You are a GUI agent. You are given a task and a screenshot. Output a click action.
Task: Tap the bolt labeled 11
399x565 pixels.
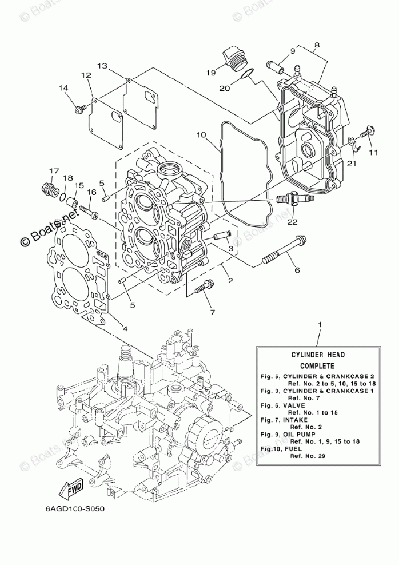pyautogui.click(x=366, y=133)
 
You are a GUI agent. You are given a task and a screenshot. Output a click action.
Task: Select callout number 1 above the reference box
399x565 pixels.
pyautogui.click(x=320, y=325)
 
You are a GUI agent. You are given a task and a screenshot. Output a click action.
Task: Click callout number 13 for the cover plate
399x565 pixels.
pyautogui.click(x=102, y=66)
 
